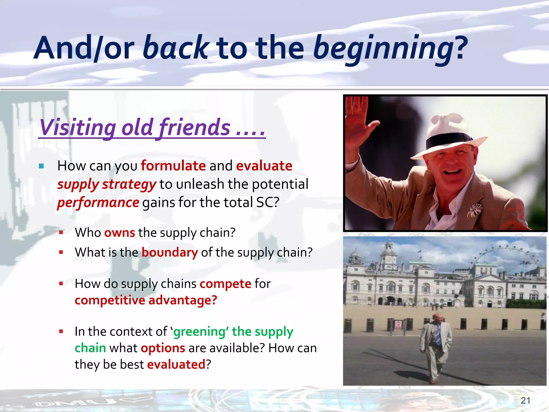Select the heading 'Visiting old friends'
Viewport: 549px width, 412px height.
pos(152,127)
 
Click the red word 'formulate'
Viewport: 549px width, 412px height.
pos(173,165)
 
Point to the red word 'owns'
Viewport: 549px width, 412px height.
pos(120,233)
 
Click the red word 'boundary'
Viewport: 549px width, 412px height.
pos(170,252)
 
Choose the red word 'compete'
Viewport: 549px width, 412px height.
pos(225,284)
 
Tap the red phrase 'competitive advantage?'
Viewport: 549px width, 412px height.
pos(146,300)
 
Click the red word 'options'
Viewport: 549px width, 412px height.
pos(163,348)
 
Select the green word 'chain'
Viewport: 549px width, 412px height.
pos(90,348)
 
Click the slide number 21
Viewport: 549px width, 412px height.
pos(525,400)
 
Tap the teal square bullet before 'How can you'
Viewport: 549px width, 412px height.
pos(41,166)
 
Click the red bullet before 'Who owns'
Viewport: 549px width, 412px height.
pos(61,233)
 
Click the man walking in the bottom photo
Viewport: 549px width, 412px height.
pos(436,346)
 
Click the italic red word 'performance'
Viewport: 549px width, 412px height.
pos(98,202)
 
